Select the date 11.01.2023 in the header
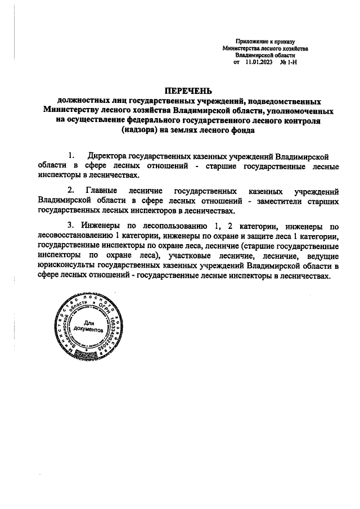[259, 63]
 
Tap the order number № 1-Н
[288, 63]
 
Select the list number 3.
[70, 226]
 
